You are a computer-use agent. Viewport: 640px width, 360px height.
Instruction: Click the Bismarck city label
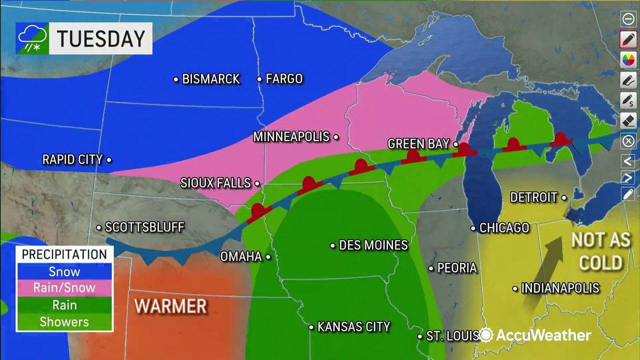pos(210,79)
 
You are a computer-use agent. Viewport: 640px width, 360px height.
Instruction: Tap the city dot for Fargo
pos(259,79)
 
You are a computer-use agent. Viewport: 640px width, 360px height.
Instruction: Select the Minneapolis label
pos(291,136)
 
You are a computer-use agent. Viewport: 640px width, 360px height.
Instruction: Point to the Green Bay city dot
pos(456,144)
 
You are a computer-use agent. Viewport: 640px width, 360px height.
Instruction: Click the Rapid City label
pos(72,159)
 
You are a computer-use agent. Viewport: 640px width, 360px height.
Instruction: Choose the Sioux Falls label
pos(215,183)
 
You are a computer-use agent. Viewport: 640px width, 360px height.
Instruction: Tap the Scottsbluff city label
pos(144,227)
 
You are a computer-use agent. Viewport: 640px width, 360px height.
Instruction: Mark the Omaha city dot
pos(268,257)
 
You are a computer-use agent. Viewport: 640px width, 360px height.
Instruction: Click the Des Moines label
pos(373,245)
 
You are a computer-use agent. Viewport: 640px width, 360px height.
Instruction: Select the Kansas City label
pos(353,327)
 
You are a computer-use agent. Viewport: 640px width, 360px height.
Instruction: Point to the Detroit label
pos(533,197)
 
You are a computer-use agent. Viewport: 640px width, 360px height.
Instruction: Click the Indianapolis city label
pos(560,288)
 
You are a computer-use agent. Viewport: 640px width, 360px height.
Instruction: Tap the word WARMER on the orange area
pos(170,306)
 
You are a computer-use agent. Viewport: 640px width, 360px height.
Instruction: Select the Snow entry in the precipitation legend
pos(64,271)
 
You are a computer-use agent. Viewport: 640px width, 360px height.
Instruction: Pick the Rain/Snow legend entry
pos(64,288)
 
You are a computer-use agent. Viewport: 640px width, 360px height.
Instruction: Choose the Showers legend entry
pos(64,321)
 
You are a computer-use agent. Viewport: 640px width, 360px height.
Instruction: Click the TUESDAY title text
pos(100,38)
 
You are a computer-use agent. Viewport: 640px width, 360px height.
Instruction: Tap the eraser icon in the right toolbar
pos(628,120)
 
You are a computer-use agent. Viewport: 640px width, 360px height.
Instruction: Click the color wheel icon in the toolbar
pos(628,59)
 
